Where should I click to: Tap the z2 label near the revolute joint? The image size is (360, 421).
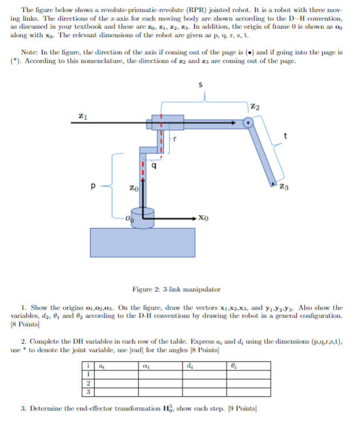256,107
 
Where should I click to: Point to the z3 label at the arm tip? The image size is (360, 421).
284,187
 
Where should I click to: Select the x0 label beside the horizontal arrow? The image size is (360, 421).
205,218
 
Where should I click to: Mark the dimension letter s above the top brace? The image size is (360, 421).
200,85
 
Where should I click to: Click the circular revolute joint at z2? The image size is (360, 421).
247,122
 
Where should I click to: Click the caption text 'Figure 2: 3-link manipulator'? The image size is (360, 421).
176,289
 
